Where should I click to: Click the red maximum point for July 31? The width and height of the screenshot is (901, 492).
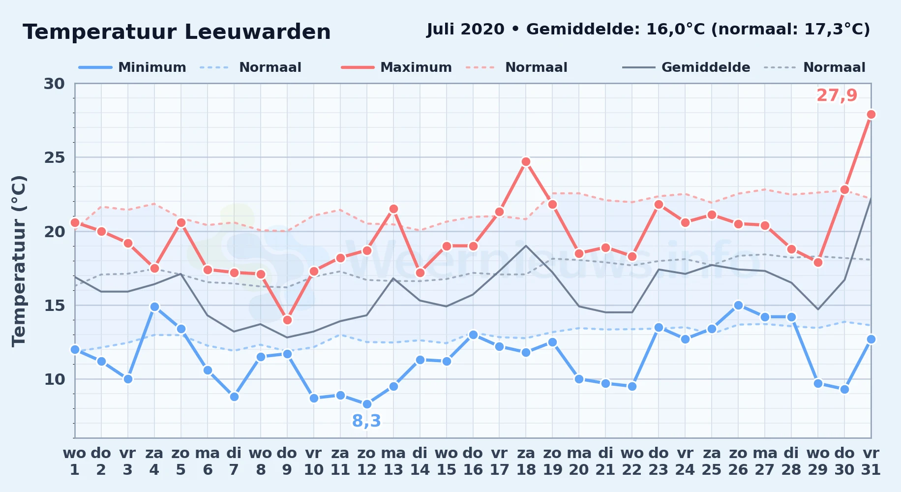pos(871,115)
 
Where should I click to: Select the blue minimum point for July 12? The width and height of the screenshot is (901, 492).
pos(367,404)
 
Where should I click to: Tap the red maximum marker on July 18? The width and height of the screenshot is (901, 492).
pos(526,162)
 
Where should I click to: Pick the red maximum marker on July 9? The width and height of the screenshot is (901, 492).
pos(287,320)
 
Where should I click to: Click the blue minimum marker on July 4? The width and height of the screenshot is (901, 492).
pos(154,307)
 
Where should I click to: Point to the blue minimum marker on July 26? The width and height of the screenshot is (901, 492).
pos(738,306)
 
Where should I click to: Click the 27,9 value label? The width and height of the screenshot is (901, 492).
pos(837,95)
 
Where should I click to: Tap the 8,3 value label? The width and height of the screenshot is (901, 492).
pos(367,421)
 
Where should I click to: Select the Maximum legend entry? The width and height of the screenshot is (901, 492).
pos(396,67)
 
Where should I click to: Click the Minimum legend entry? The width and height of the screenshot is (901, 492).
pos(132,67)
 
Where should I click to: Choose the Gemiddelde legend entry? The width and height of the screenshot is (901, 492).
pos(686,67)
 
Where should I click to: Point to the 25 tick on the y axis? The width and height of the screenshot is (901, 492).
pos(54,157)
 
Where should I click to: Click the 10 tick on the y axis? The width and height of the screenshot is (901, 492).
pos(54,379)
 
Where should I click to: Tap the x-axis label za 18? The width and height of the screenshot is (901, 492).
pos(526,461)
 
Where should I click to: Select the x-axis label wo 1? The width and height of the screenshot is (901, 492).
pos(75,461)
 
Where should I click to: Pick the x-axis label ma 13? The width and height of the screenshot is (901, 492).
pos(393,461)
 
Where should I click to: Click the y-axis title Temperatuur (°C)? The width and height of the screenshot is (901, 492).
pos(19,261)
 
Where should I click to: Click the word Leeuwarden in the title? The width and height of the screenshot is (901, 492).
pos(258,32)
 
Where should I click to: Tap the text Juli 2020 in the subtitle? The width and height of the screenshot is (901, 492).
pos(466,29)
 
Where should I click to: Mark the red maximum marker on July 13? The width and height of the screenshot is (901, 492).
pos(393,209)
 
